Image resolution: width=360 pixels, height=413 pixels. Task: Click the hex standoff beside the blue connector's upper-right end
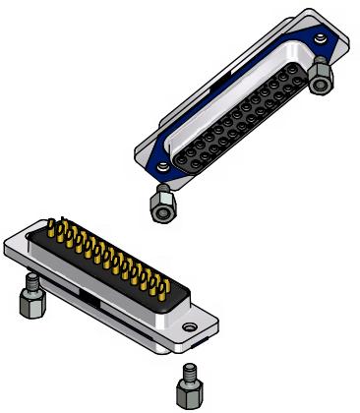[321, 78]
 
